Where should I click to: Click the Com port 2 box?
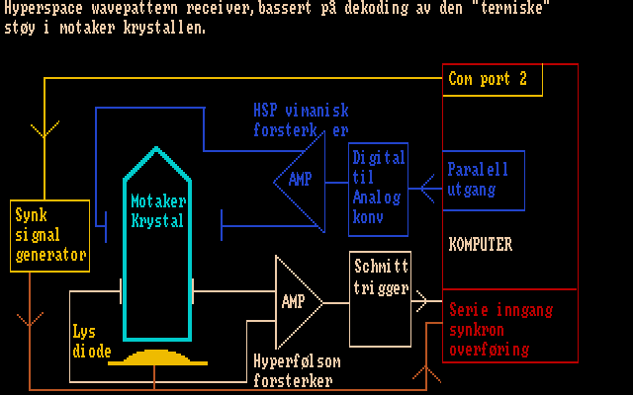click(x=493, y=79)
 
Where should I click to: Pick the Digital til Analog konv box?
click(x=379, y=189)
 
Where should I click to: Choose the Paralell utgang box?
click(x=483, y=180)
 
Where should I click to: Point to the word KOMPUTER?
click(x=481, y=244)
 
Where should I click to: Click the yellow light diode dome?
click(x=157, y=355)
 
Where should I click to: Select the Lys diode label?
click(x=92, y=341)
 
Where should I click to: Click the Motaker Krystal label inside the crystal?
click(x=157, y=210)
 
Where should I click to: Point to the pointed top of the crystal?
click(x=156, y=151)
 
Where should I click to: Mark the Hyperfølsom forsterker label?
click(x=293, y=370)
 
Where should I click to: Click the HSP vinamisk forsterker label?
click(x=301, y=120)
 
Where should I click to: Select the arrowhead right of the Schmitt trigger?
click(x=422, y=298)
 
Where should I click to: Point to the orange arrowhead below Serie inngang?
click(x=427, y=372)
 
